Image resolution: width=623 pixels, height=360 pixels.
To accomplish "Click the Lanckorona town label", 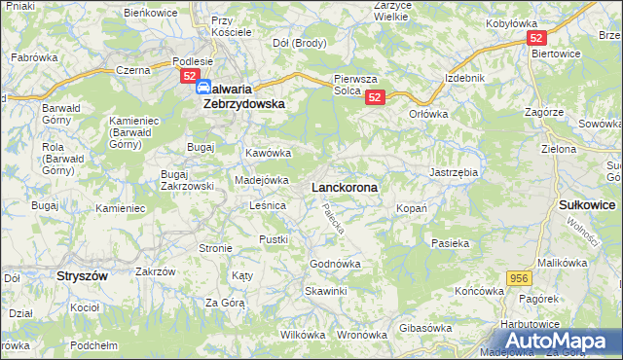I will [345, 185].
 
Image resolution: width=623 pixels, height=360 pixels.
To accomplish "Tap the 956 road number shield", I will [519, 278].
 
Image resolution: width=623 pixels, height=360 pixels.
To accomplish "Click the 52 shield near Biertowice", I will [536, 38].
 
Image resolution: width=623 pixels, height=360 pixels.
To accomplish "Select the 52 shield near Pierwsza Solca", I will [377, 96].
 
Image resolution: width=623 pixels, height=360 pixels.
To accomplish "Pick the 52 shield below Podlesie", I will [190, 76].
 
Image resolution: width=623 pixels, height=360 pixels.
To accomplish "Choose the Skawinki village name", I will [325, 291].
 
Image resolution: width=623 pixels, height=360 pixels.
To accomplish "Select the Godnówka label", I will [335, 264].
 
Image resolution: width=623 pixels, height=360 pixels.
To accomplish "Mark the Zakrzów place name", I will [154, 271].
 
